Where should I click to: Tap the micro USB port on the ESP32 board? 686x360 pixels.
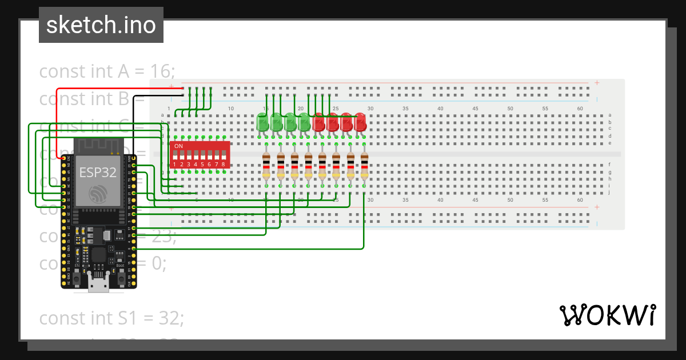pos(99,283)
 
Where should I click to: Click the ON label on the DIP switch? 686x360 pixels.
pos(178,146)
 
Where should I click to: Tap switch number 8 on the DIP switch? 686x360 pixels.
pos(224,155)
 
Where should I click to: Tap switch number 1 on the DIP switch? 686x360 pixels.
pos(175,155)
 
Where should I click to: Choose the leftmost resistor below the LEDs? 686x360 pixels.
pos(266,167)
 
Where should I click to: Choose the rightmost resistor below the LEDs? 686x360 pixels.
pos(364,167)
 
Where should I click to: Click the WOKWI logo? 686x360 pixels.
pos(607,315)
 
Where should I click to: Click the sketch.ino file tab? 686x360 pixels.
pos(101,25)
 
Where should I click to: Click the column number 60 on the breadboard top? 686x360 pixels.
pos(580,109)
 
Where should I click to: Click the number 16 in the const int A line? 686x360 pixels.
pos(161,71)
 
